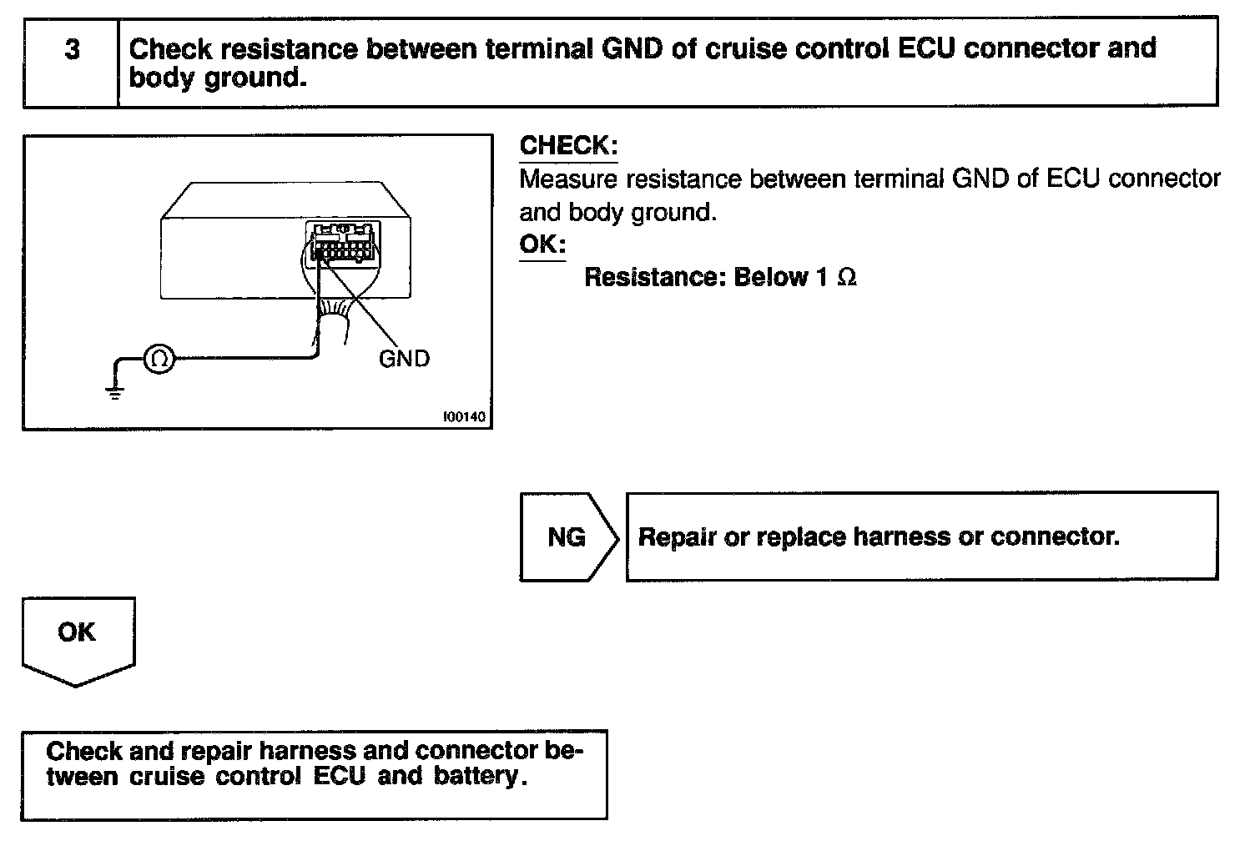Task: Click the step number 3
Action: pyautogui.click(x=73, y=50)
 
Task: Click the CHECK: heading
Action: pyautogui.click(x=568, y=146)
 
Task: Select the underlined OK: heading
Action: pyautogui.click(x=542, y=244)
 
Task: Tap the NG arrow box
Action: pyautogui.click(x=567, y=537)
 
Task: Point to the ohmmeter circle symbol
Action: pyautogui.click(x=159, y=360)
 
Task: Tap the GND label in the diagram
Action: pyautogui.click(x=404, y=360)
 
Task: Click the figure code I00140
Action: pyautogui.click(x=464, y=415)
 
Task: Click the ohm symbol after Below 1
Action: pyautogui.click(x=846, y=278)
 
